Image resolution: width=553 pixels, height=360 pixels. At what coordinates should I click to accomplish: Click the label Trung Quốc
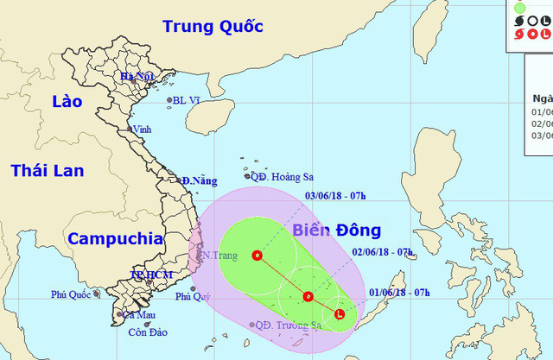(x=212, y=26)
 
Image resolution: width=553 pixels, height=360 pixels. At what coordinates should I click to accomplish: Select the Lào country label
(x=66, y=101)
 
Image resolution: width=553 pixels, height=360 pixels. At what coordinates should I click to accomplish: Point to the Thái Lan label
(x=48, y=170)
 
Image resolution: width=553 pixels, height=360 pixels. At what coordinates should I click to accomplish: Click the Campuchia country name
(x=115, y=238)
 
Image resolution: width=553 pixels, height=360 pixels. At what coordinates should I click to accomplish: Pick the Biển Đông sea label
(x=334, y=231)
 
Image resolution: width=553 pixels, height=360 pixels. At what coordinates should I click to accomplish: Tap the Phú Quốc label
(x=71, y=294)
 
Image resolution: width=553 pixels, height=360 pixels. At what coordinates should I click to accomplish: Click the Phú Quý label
(x=193, y=296)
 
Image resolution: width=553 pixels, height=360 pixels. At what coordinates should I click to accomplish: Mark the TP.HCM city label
(x=151, y=274)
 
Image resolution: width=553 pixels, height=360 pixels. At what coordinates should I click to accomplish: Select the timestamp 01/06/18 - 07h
(x=405, y=292)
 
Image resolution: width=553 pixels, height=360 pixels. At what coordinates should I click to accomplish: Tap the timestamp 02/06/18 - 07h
(x=383, y=252)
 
